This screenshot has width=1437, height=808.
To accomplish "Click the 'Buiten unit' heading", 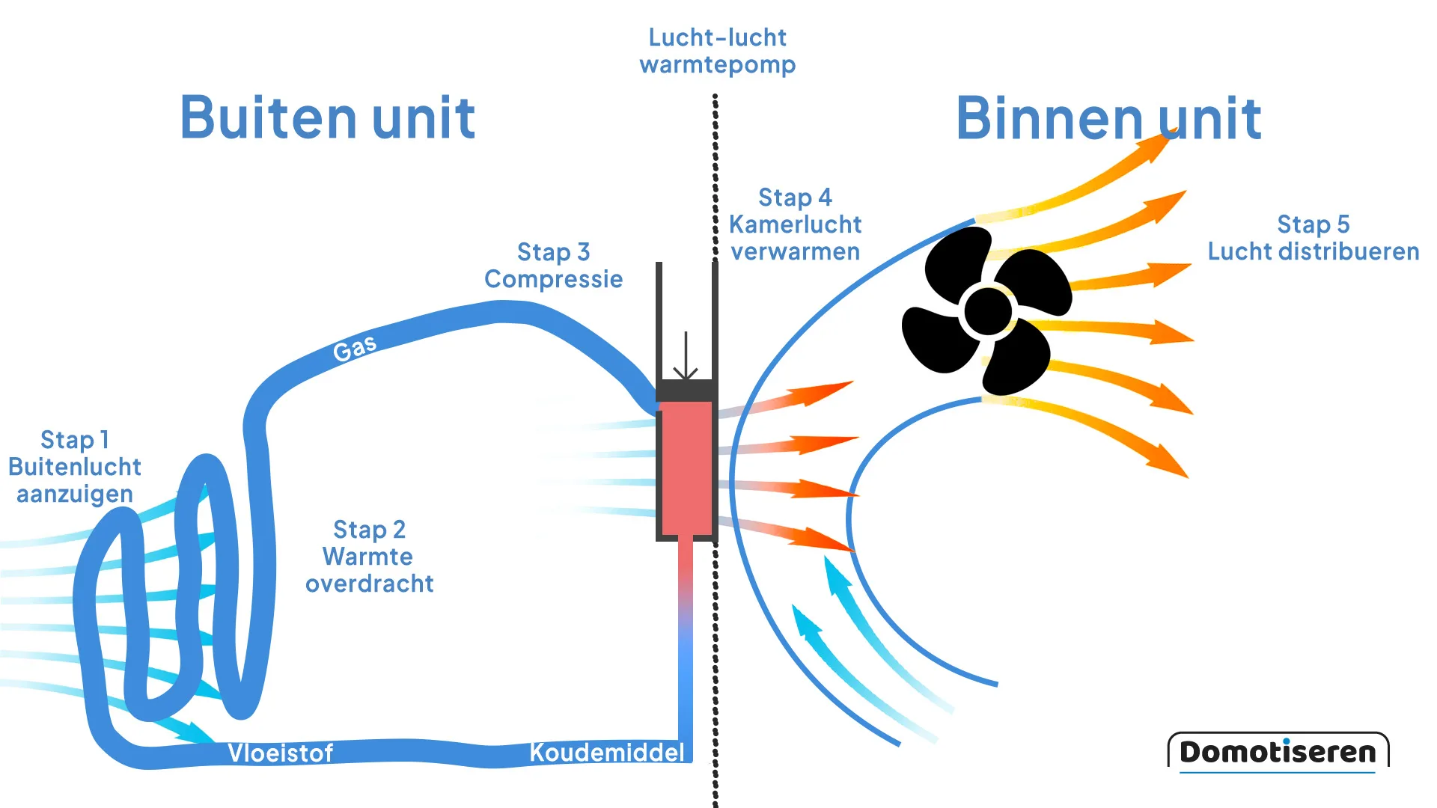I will click(x=328, y=118).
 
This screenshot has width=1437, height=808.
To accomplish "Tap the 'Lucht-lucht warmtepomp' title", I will click(x=717, y=51).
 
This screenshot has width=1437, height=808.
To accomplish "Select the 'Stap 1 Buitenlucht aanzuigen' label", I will click(x=75, y=467).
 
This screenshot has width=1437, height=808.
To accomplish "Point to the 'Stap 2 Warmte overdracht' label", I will click(x=369, y=557).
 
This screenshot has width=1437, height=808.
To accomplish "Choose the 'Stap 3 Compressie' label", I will click(x=553, y=266).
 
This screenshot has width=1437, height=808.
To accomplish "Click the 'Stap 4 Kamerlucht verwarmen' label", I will click(x=795, y=224).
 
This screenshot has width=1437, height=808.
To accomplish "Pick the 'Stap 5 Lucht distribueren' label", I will click(x=1313, y=238).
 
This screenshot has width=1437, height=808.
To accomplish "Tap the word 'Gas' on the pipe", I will click(x=355, y=349).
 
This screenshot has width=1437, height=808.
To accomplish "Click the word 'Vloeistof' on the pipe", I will click(x=280, y=753).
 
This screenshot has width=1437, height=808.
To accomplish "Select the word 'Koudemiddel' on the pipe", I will click(x=606, y=752).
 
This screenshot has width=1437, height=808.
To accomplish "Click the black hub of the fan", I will click(x=987, y=311).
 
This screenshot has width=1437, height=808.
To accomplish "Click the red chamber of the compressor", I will click(x=686, y=468).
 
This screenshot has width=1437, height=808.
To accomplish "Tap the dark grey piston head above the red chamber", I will click(x=686, y=391).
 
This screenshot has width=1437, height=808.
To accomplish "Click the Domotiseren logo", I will click(x=1278, y=751).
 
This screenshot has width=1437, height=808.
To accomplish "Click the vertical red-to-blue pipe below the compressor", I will click(x=686, y=636).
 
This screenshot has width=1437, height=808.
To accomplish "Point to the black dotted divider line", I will click(x=716, y=673).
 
